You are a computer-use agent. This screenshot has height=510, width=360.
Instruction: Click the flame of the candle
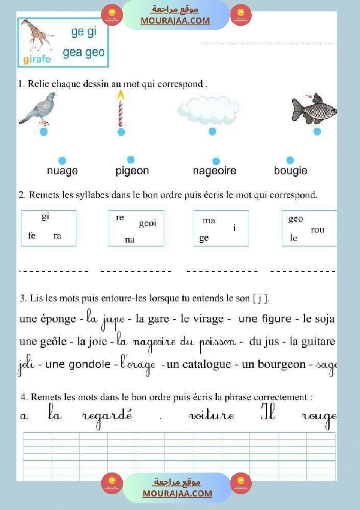tap(120, 96)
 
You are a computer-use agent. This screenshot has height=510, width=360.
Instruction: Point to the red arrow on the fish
tap(309, 96)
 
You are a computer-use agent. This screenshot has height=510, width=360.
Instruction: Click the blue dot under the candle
tap(121, 132)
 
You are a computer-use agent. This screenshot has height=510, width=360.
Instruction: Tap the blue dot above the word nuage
tap(62, 161)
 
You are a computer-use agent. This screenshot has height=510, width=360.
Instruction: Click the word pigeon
tap(132, 171)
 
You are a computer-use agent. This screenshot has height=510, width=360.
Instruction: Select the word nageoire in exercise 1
tap(214, 171)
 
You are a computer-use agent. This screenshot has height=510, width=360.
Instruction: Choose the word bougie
tap(290, 171)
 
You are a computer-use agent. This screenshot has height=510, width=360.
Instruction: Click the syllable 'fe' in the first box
tap(31, 236)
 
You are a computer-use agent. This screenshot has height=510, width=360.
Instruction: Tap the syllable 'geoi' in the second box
tap(147, 224)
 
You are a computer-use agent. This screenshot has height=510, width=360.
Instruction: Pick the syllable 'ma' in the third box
tap(209, 221)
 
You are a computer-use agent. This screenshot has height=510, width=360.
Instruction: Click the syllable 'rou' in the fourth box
tap(317, 230)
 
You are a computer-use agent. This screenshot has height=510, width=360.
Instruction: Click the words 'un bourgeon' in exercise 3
tap(274, 364)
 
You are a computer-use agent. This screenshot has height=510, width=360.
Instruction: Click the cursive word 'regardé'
tap(107, 416)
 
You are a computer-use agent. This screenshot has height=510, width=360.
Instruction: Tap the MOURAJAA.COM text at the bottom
tap(177, 493)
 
